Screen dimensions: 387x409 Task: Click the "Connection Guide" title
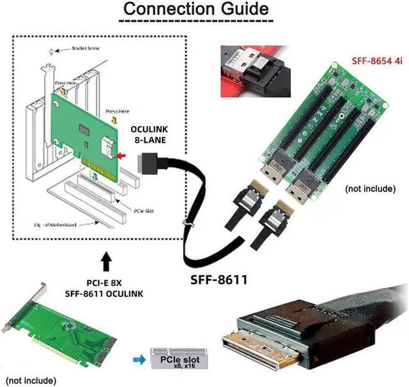point(196,10)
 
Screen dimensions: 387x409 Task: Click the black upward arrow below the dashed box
point(106,262)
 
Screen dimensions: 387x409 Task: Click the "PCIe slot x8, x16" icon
point(175,359)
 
